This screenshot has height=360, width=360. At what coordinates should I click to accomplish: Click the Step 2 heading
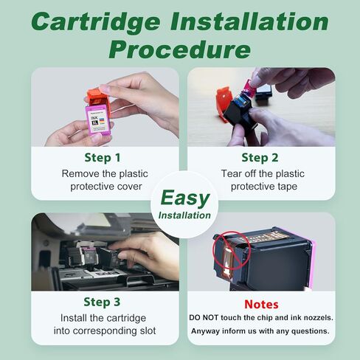pyautogui.click(x=260, y=157)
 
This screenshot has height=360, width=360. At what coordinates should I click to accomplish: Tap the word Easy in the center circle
pyautogui.click(x=184, y=198)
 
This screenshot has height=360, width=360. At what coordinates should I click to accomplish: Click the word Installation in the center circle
pyautogui.click(x=184, y=215)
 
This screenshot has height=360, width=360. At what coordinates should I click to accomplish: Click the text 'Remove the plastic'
pyautogui.click(x=104, y=174)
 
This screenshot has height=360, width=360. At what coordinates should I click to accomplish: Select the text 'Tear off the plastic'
pyautogui.click(x=260, y=174)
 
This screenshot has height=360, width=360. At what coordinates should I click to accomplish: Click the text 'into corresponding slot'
pyautogui.click(x=104, y=331)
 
